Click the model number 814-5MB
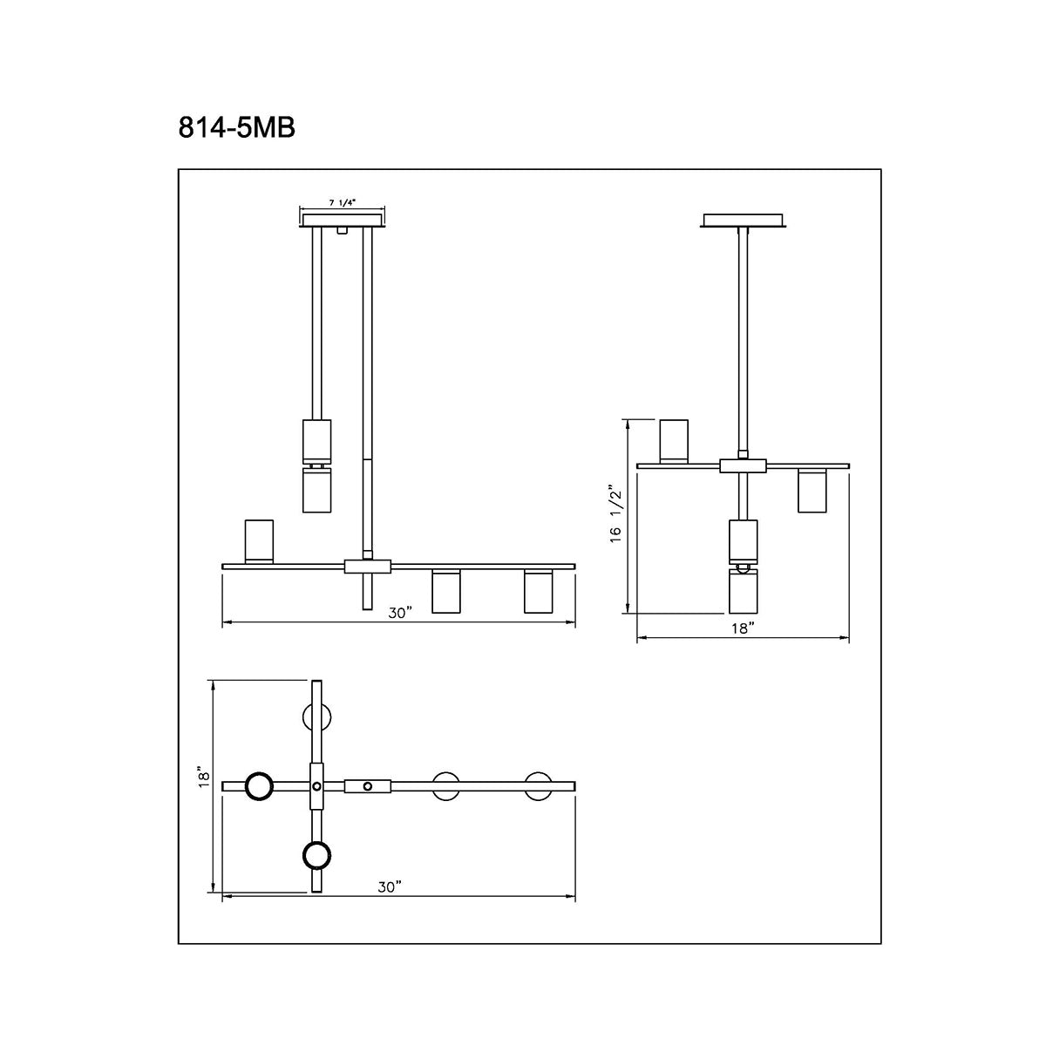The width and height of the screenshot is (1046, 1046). [x=237, y=127]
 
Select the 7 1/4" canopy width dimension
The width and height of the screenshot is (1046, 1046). [x=343, y=202]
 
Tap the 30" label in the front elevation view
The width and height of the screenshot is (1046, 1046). [x=400, y=613]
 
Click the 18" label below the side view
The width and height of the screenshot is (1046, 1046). [x=743, y=628]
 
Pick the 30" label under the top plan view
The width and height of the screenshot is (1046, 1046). [x=390, y=886]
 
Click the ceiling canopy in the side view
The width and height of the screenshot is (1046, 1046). [x=744, y=221]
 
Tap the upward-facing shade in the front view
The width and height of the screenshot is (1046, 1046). [x=259, y=541]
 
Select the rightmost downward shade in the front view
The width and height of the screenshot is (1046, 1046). [x=538, y=592]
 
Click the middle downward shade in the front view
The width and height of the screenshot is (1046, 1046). [x=446, y=592]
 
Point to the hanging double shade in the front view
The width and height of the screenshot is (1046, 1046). [x=316, y=465]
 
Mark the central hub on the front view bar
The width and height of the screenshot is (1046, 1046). [x=369, y=567]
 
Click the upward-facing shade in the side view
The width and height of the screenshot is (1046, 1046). [x=674, y=440]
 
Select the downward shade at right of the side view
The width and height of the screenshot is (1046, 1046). [x=812, y=491]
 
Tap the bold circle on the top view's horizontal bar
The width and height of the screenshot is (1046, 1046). [x=259, y=786]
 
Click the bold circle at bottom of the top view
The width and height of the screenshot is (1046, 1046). [x=316, y=855]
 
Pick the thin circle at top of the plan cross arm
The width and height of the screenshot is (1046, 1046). [x=316, y=717]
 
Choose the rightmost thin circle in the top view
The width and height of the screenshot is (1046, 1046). [x=538, y=785]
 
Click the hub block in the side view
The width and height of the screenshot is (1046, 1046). [x=743, y=465]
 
